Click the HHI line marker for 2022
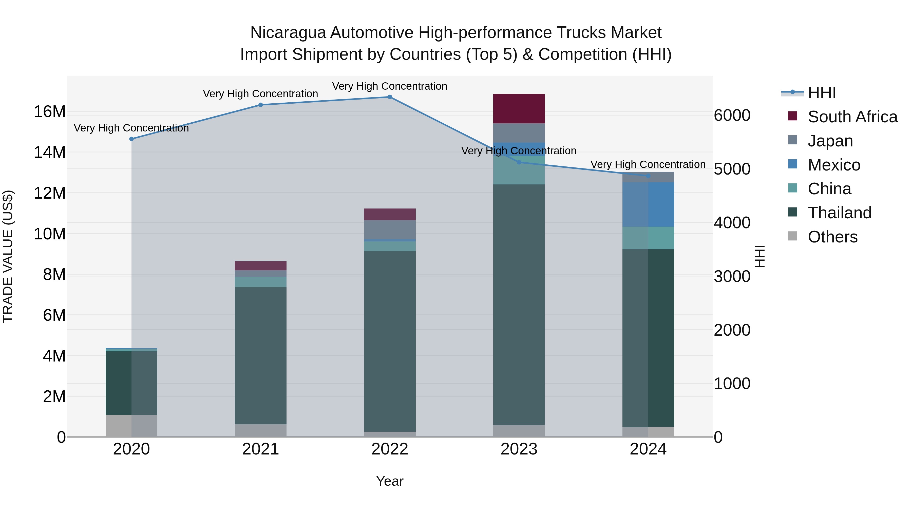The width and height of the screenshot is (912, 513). [390, 97]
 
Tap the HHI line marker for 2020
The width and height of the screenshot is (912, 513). [131, 139]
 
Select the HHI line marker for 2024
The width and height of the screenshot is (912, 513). [648, 176]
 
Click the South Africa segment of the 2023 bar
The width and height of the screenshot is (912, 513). [519, 109]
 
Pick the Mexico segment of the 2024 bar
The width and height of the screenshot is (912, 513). [648, 205]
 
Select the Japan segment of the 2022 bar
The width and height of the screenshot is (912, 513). [390, 230]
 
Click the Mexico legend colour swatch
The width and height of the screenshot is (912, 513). [793, 164]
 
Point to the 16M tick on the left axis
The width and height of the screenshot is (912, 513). [50, 112]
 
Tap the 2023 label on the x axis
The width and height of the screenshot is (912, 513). [519, 449]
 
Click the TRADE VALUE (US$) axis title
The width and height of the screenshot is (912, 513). [8, 256]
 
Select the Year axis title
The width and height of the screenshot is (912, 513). [390, 481]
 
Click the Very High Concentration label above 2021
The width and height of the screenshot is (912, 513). [261, 94]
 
